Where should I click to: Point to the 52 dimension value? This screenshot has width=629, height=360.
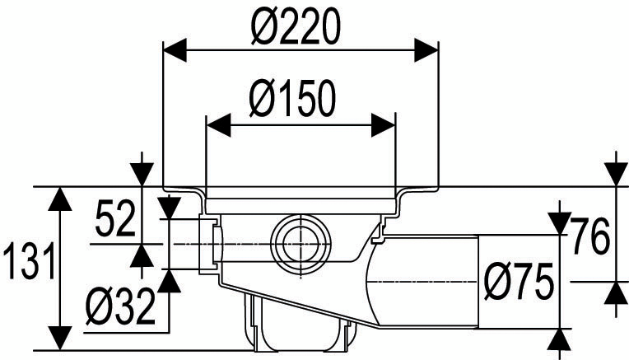click(x=114, y=220)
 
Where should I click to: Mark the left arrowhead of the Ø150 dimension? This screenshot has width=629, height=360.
click(x=214, y=125)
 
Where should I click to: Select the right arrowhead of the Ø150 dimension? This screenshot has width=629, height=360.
click(x=385, y=125)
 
